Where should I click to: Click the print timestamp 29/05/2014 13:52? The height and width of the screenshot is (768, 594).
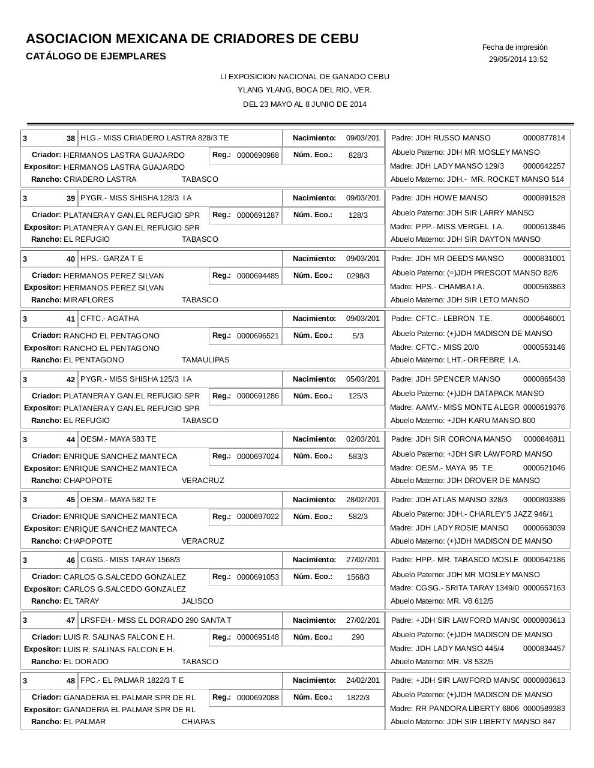pos(518,59)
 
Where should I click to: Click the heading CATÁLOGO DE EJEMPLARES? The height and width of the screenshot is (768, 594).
pos(96,56)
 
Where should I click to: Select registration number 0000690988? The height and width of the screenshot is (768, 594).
pos(257,155)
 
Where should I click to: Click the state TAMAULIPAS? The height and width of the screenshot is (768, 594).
pos(205,360)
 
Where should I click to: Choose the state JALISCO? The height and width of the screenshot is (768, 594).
pos(197,601)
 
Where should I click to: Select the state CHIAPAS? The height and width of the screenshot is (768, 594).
pos(198,722)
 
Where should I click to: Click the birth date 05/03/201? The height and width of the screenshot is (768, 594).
pos(362,379)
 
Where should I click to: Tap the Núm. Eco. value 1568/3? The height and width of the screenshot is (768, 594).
pos(358,577)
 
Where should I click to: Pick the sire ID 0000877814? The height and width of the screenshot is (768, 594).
pos(544,138)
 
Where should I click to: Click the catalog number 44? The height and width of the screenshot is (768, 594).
pos(71,440)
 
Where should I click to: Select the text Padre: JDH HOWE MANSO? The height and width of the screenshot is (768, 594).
pos(439,198)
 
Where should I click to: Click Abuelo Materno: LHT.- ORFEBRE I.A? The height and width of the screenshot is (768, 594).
pos(455,360)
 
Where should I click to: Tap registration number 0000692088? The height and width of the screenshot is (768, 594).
pos(257,698)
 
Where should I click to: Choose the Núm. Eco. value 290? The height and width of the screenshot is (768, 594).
pos(358,637)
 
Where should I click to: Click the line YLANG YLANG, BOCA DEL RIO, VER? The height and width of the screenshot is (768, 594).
pos(304,90)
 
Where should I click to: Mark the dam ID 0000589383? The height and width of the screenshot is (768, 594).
pos(544,709)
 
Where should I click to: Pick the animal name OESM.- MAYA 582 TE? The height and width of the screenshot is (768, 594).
pos(118,500)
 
